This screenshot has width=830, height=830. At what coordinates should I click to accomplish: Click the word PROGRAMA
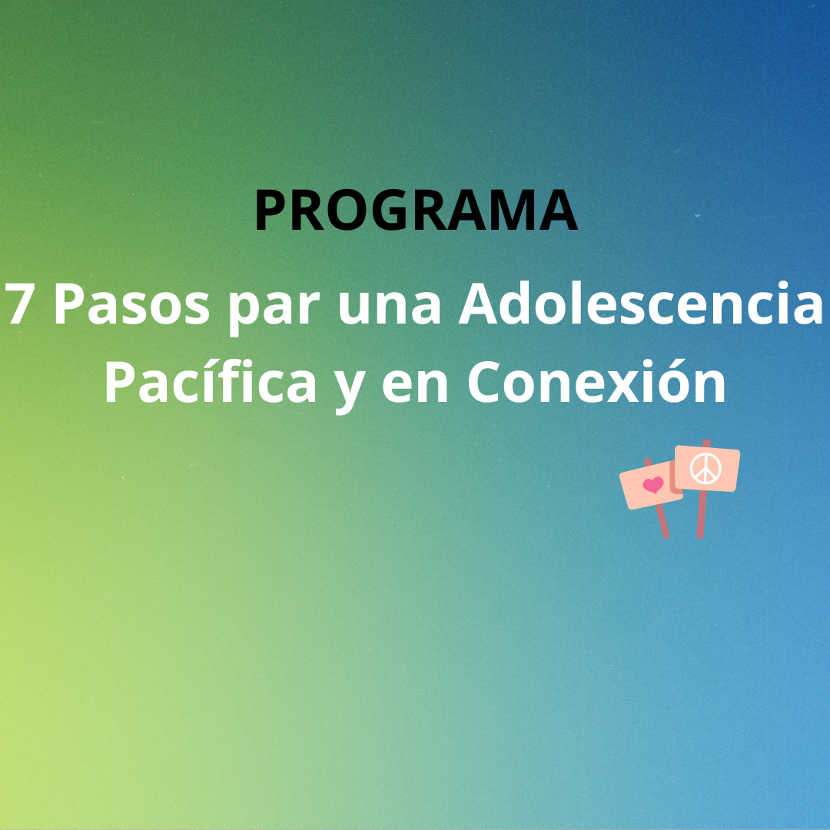pyautogui.click(x=416, y=210)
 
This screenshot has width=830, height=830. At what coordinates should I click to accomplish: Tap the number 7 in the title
pyautogui.click(x=20, y=304)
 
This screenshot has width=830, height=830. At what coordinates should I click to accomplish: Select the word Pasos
pyautogui.click(x=132, y=304)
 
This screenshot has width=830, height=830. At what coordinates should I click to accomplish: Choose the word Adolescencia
pyautogui.click(x=640, y=304)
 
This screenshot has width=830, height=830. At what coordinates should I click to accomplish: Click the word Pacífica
pyautogui.click(x=210, y=381)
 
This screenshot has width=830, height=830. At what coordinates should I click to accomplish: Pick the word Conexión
pyautogui.click(x=596, y=381)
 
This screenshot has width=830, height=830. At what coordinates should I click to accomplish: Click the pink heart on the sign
pyautogui.click(x=652, y=484)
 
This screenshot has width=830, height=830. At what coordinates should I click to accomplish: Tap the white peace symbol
pyautogui.click(x=705, y=468)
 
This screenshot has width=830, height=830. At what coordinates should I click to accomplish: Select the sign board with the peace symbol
pyautogui.click(x=707, y=469)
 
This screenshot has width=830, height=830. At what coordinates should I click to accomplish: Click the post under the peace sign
pyautogui.click(x=701, y=514)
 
